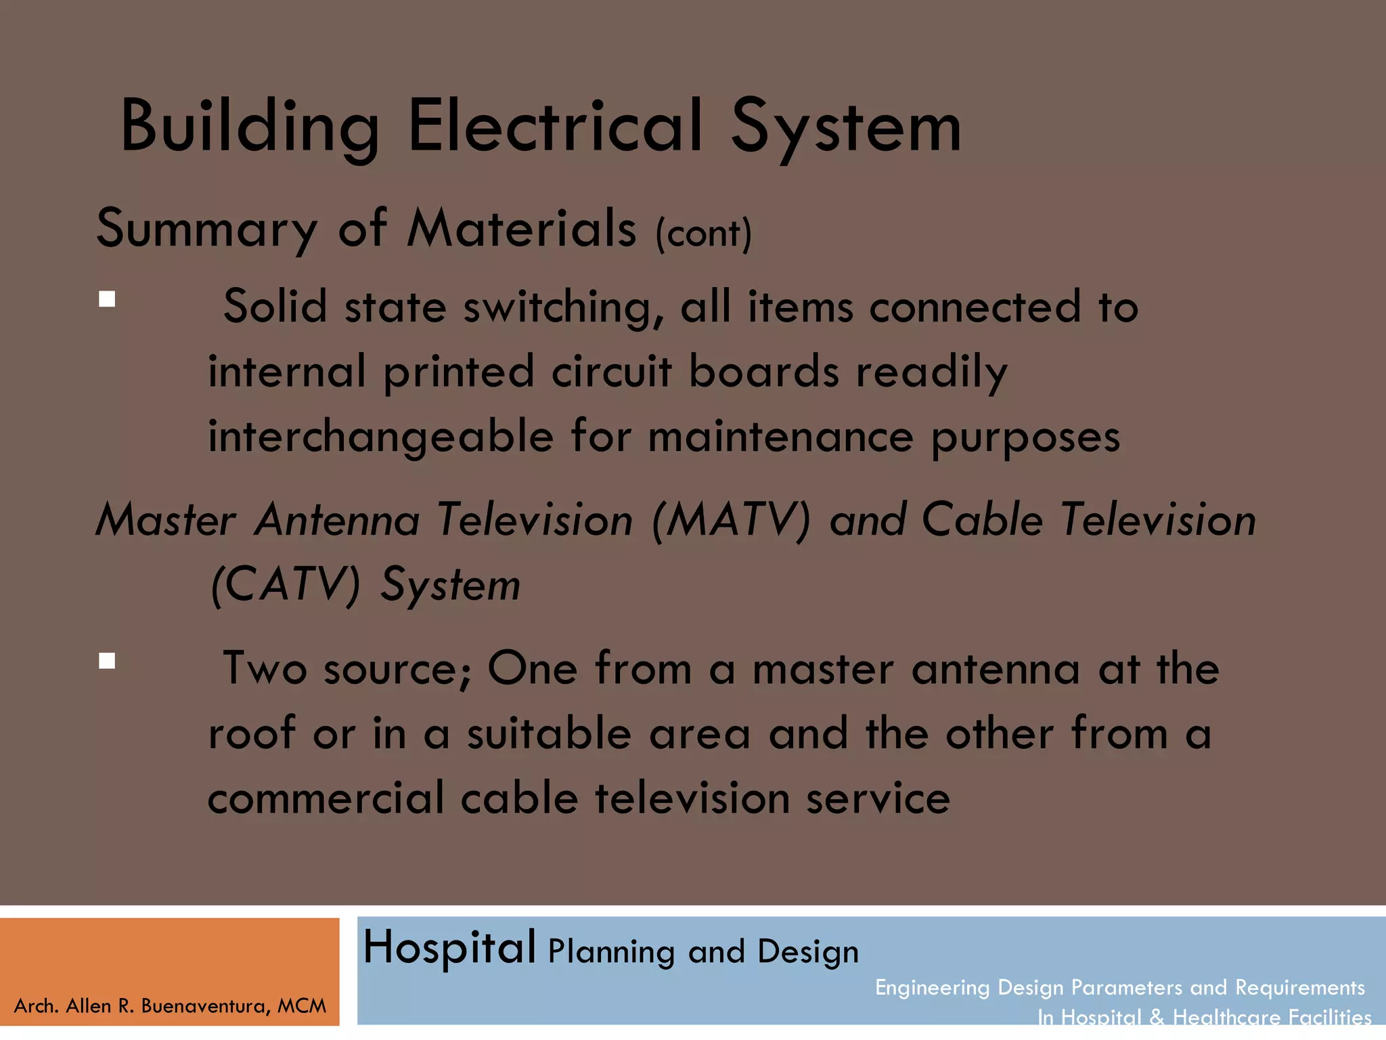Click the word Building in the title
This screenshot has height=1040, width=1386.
(249, 127)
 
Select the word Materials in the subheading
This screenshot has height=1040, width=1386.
(522, 228)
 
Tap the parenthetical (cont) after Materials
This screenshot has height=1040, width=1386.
(704, 234)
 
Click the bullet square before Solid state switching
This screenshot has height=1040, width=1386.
(107, 299)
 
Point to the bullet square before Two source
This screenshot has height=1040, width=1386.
(107, 660)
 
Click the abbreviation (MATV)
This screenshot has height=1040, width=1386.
(731, 520)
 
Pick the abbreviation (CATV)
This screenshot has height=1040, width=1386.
(286, 584)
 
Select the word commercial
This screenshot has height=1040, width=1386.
(326, 798)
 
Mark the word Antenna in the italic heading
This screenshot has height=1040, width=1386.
(337, 520)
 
